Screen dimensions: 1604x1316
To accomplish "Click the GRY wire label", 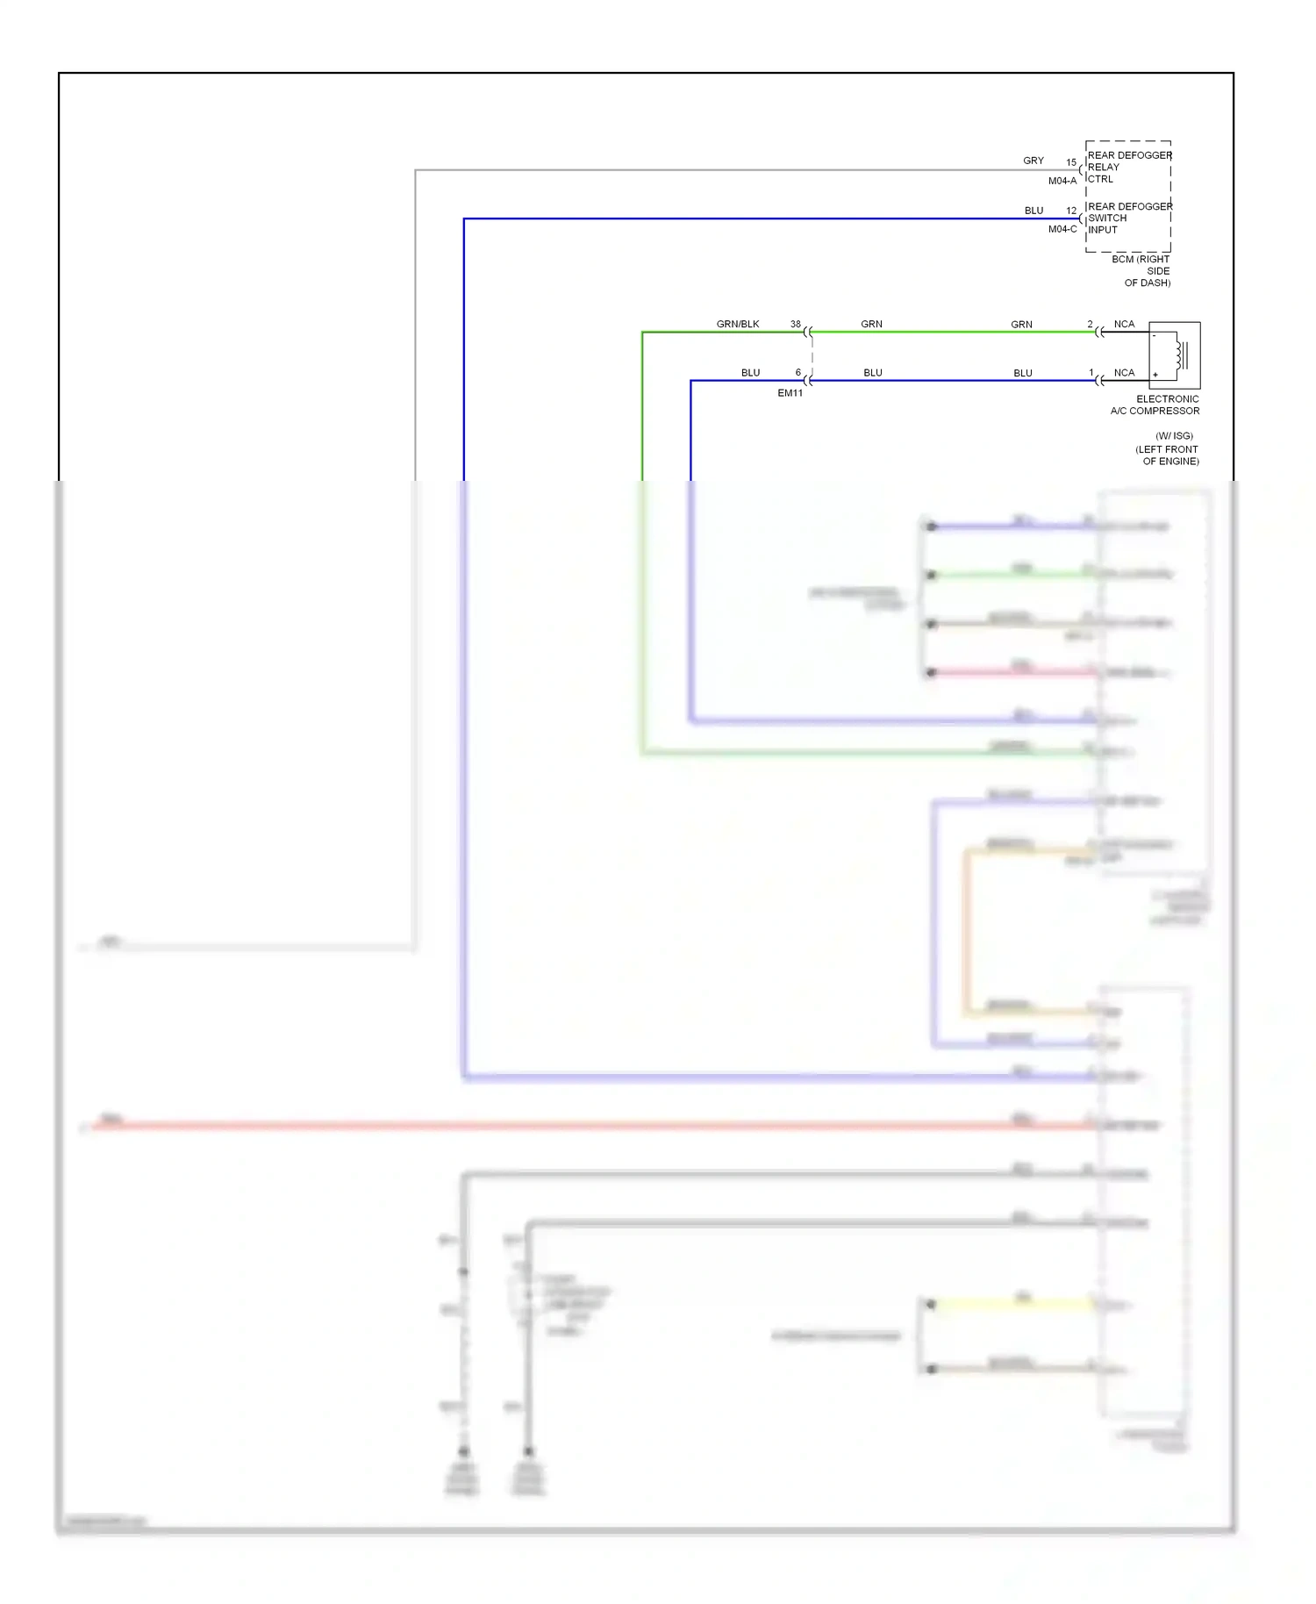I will click(1033, 161).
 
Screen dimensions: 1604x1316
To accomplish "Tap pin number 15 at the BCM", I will click(1070, 162).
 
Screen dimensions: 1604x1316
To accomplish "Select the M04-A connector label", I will click(1062, 181).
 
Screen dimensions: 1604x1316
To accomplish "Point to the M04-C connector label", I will click(1062, 229).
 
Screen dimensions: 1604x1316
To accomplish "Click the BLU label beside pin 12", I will click(1033, 211).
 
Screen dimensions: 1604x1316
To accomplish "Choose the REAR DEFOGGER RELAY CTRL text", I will click(1128, 167).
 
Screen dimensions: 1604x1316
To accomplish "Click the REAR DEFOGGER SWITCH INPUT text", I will click(1128, 218).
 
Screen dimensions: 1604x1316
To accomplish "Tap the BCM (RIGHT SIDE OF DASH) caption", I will click(1143, 271).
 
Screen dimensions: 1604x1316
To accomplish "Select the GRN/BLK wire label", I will click(737, 324).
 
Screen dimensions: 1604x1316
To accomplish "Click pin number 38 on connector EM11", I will click(795, 324).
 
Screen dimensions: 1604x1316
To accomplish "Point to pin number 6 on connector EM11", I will click(797, 373).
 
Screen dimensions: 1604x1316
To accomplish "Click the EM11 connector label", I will click(790, 393).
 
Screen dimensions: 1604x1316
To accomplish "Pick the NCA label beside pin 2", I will click(1124, 324).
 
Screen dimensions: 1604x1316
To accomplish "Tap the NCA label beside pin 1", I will click(1124, 373).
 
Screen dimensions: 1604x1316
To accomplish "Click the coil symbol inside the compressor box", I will click(1182, 354).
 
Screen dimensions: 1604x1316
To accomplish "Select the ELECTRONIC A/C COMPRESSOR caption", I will click(1155, 405).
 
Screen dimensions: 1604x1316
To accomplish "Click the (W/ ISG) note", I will click(1174, 436).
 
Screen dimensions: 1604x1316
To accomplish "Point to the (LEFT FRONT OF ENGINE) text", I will click(1168, 455).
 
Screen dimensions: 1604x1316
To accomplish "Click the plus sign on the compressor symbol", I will click(1155, 375).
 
